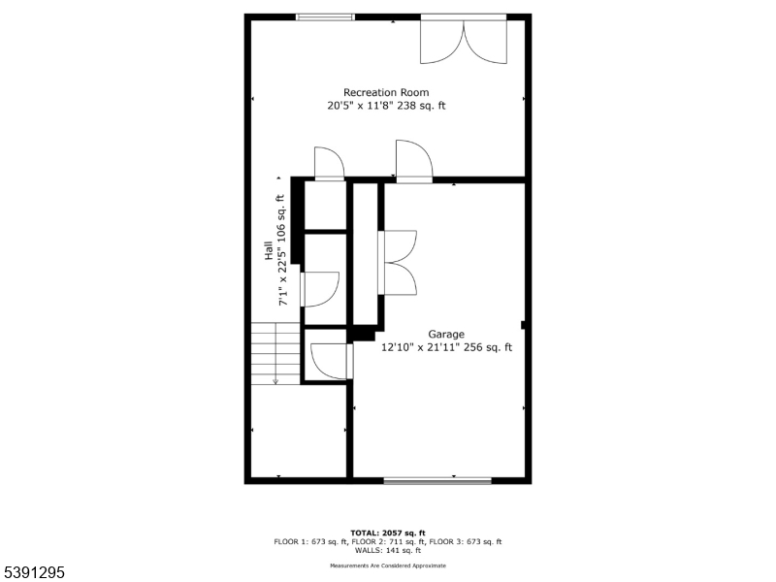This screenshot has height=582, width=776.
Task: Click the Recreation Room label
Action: (386, 93)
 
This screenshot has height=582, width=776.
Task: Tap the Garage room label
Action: (446, 334)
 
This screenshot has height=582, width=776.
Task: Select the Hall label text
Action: (269, 250)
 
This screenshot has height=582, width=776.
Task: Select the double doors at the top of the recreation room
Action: (464, 39)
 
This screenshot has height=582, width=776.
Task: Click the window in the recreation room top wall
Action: (325, 16)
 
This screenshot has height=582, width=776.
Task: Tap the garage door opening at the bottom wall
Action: (436, 480)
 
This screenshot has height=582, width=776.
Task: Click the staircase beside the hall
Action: (275, 354)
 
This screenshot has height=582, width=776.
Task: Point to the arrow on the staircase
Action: (275, 378)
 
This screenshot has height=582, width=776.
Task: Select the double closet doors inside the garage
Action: (399, 262)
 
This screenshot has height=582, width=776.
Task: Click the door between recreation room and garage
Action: (413, 161)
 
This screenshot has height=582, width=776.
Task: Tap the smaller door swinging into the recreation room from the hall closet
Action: (329, 164)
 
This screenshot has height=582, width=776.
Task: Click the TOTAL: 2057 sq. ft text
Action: (388, 533)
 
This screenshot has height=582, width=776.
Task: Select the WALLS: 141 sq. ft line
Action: (388, 550)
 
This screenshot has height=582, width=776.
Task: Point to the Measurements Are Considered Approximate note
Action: (388, 565)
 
